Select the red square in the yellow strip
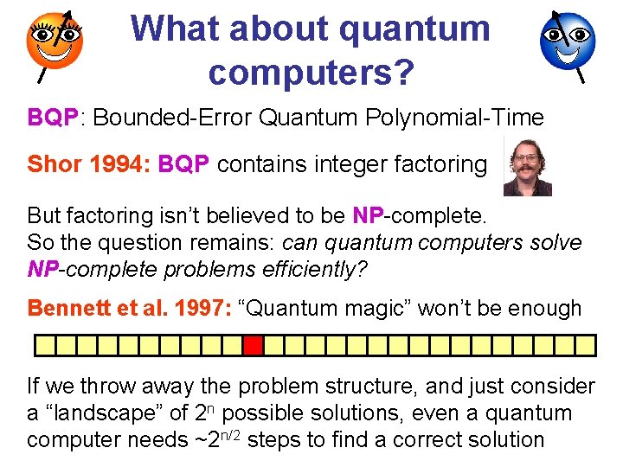(252, 346)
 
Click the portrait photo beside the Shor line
(527, 165)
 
